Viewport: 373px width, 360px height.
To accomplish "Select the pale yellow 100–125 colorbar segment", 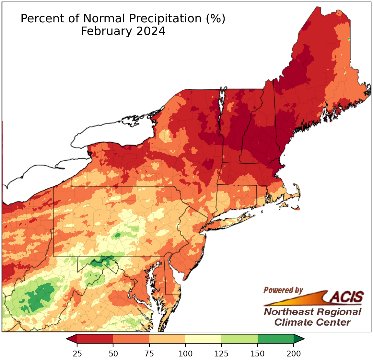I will [203, 339].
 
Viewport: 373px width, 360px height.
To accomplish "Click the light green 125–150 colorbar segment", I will [239, 339].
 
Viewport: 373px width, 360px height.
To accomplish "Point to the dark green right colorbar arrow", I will [298, 339].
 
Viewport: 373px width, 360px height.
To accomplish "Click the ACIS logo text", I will [347, 296].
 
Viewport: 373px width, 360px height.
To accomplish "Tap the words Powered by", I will [283, 290].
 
